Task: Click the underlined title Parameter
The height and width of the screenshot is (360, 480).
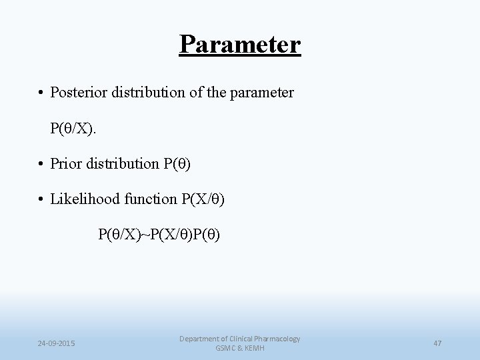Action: (x=240, y=45)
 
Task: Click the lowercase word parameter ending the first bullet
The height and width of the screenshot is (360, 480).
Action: (x=261, y=93)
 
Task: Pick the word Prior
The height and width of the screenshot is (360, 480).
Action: (x=67, y=163)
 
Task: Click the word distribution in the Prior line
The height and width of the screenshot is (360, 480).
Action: (x=123, y=163)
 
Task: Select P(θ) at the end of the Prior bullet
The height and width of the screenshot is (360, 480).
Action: (x=177, y=163)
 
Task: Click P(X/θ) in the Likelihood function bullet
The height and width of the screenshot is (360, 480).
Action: (x=203, y=199)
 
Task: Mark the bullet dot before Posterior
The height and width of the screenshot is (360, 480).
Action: (x=41, y=93)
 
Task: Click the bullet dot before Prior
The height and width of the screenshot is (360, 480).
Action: (x=41, y=164)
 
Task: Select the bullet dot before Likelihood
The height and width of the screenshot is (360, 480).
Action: (x=41, y=199)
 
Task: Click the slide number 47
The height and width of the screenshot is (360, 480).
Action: (x=437, y=343)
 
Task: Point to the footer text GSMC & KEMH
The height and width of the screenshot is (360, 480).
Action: (x=239, y=349)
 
